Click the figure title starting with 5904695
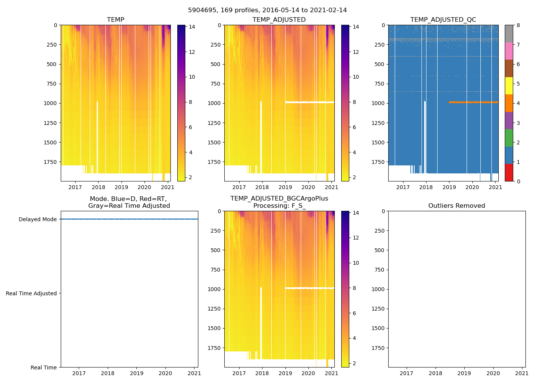267,10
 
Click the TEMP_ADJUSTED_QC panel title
443,20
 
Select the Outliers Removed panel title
457,206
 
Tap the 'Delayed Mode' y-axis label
37,219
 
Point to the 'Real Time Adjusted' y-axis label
31,293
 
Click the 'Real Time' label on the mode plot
44,367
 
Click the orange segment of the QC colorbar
509,103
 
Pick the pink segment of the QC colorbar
509,51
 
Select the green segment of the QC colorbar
509,138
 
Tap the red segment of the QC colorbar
509,173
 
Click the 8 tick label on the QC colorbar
518,25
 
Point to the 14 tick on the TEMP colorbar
192,27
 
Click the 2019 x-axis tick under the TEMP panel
122,187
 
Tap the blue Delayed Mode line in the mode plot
129,219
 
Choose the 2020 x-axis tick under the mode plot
165,373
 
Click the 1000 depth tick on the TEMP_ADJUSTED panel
214,103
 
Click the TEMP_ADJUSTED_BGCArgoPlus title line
279,199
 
